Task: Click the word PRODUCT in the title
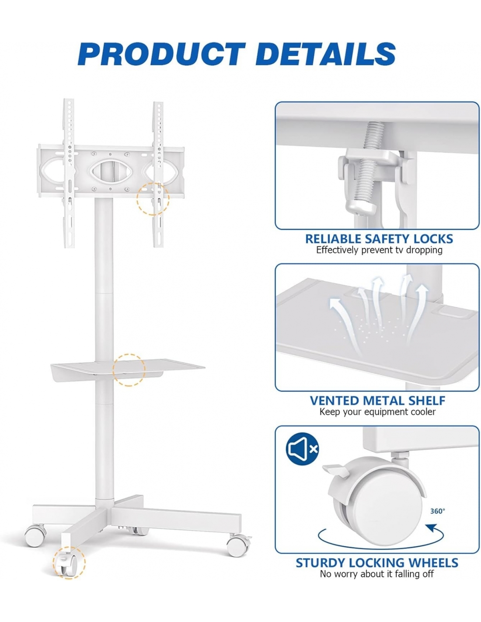coord(162,54)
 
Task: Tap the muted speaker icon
coord(302,449)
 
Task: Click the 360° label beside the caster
coord(438,511)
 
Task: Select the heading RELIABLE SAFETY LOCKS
coord(379,239)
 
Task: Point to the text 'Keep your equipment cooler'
coord(377,412)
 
